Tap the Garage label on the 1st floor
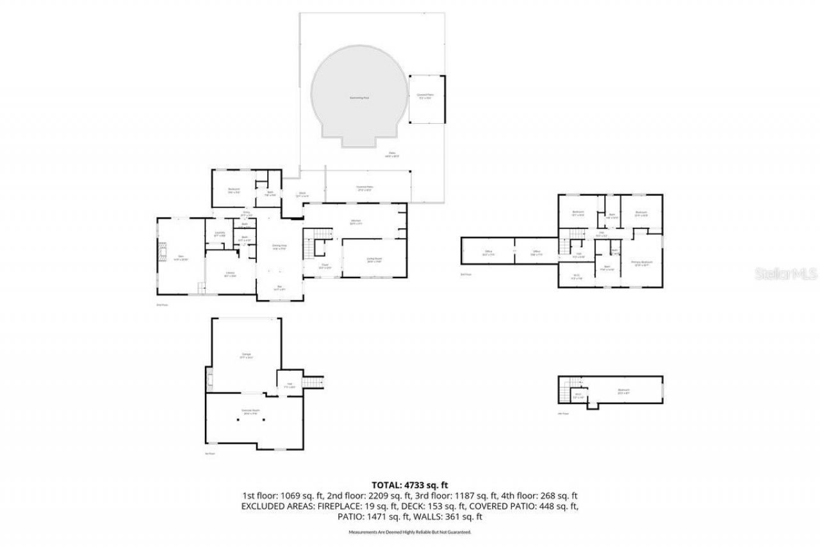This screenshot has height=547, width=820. click(x=247, y=355)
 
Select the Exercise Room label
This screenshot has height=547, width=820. click(x=250, y=410)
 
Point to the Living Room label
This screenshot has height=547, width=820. click(x=374, y=259)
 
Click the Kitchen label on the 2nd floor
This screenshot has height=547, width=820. click(x=356, y=222)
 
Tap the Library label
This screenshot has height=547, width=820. click(x=229, y=274)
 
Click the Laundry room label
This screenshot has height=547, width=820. click(x=219, y=234)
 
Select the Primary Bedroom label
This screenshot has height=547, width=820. click(x=641, y=263)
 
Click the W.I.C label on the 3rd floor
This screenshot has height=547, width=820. click(x=577, y=276)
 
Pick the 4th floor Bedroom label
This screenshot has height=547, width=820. click(x=623, y=391)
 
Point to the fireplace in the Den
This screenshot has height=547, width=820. click(x=162, y=257)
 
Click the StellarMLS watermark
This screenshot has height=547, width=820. click(x=787, y=274)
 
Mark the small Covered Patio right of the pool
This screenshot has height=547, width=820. click(x=425, y=96)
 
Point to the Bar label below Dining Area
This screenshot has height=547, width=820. click(x=279, y=287)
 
